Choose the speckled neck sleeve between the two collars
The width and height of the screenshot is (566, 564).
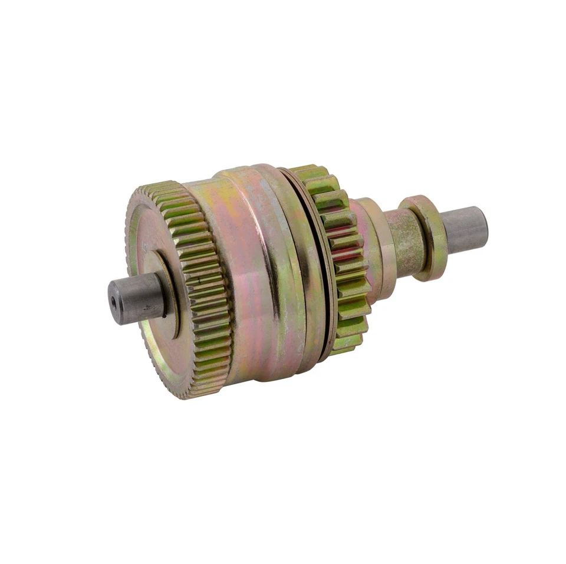point(407,242)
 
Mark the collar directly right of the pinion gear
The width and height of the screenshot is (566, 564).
point(377,248)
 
